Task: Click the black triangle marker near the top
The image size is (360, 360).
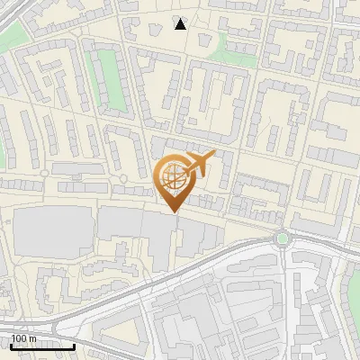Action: (181, 24)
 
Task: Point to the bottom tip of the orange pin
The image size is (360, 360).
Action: (173, 211)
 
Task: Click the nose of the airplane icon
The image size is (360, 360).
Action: (213, 156)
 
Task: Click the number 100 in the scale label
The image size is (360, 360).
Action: (19, 338)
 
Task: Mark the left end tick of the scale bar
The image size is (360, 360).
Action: (11, 345)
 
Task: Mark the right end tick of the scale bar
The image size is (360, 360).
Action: (74, 345)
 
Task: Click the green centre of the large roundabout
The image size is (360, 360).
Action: (283, 238)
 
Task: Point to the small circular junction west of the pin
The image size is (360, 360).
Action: (43, 173)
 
